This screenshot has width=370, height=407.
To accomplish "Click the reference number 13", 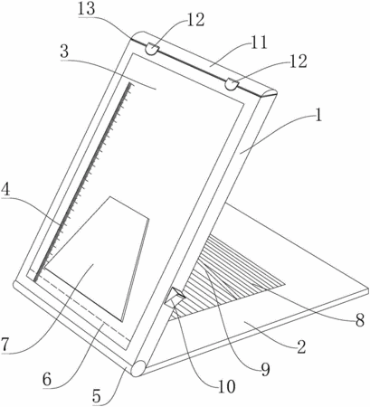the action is [86, 9].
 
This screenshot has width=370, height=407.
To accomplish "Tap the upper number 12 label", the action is [196, 20].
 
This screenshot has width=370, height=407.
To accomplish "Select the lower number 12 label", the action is [299, 62].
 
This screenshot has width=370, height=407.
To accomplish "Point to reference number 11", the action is [259, 43].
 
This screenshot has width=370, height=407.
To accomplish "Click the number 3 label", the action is [64, 52].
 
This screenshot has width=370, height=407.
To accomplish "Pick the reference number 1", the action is [318, 115].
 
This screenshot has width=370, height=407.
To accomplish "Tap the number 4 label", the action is [5, 190].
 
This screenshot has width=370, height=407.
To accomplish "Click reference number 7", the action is [5, 344].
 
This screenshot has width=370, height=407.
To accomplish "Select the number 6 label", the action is [47, 380].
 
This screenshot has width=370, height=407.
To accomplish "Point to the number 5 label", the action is [96, 396].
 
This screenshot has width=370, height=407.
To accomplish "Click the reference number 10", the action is [226, 387].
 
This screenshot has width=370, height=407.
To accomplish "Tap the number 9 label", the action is [265, 369].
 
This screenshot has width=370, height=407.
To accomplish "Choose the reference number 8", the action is [360, 321].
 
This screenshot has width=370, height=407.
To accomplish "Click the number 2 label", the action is [301, 347].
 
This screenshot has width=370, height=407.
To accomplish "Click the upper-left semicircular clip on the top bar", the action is [152, 49].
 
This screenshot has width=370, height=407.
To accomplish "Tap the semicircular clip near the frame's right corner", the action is [232, 83].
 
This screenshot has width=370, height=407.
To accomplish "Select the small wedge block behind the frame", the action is [175, 297].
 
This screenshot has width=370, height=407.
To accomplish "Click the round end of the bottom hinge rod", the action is [138, 368].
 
